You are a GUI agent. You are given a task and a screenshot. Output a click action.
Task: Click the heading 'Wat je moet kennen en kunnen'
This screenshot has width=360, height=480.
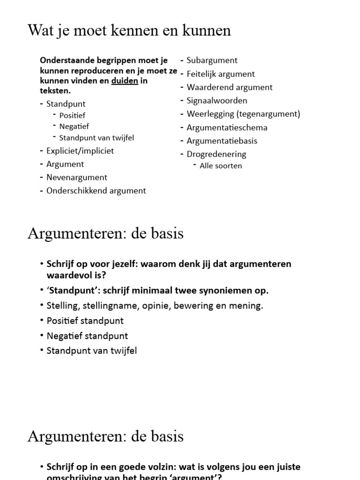coord(129,30)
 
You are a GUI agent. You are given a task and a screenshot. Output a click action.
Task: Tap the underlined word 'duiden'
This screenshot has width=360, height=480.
coord(125,81)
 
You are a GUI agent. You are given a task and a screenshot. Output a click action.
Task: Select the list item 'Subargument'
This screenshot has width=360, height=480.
coord(212,60)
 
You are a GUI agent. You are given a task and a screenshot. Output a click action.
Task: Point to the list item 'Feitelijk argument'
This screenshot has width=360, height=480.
coord(220,74)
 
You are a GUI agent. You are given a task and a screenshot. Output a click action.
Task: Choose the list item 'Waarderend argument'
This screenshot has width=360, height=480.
coord(229,87)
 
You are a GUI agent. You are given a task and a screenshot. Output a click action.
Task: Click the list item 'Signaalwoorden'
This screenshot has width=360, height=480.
coord(217,101)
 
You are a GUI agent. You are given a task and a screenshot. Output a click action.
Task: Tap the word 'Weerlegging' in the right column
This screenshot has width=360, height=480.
coord(210,114)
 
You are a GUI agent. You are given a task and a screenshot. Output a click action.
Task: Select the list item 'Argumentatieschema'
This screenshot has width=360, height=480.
coord(227,127)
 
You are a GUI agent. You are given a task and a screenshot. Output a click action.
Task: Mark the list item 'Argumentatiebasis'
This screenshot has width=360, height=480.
coord(222,141)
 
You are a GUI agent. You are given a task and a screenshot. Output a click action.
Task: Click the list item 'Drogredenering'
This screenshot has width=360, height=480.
coord(216,154)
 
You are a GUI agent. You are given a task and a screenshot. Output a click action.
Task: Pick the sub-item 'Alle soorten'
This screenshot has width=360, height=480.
coord(221,166)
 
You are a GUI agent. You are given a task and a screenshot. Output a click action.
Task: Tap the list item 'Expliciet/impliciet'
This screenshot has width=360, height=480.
coord(80,151)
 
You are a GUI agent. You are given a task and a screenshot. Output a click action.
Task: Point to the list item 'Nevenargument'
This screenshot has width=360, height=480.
coord(77,178)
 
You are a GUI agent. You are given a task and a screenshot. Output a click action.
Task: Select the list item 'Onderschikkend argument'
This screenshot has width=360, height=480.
coord(96,191)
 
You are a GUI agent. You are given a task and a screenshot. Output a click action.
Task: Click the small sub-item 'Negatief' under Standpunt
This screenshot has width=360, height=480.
coord(74,127)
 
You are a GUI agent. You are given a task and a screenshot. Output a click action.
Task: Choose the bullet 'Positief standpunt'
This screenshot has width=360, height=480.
coord(85,321)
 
